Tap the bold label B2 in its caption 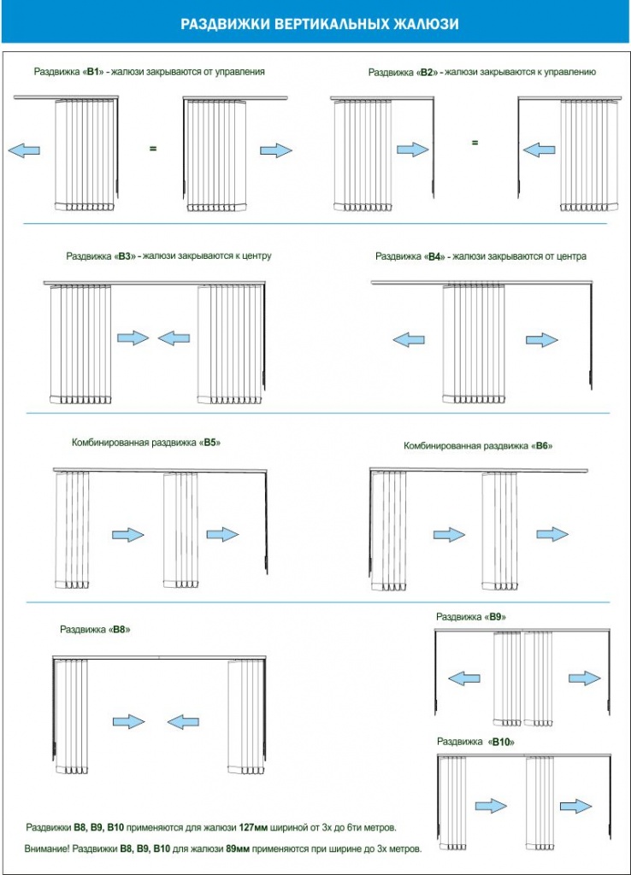[428, 73]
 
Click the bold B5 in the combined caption [211, 443]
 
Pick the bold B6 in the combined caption [543, 446]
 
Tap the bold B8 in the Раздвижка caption [121, 629]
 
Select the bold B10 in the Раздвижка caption [502, 743]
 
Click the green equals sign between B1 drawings [153, 149]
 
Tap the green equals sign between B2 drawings [475, 143]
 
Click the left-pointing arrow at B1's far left [23, 150]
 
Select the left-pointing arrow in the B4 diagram [409, 340]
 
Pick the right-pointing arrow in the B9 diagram [585, 678]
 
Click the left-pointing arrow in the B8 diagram [183, 722]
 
